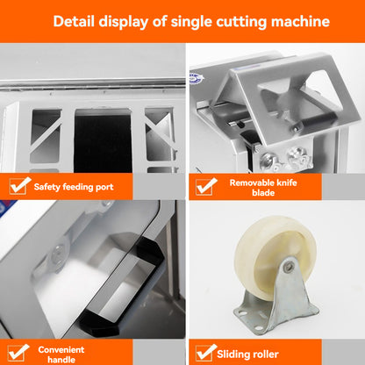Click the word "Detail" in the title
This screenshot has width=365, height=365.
(x=77, y=21)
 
